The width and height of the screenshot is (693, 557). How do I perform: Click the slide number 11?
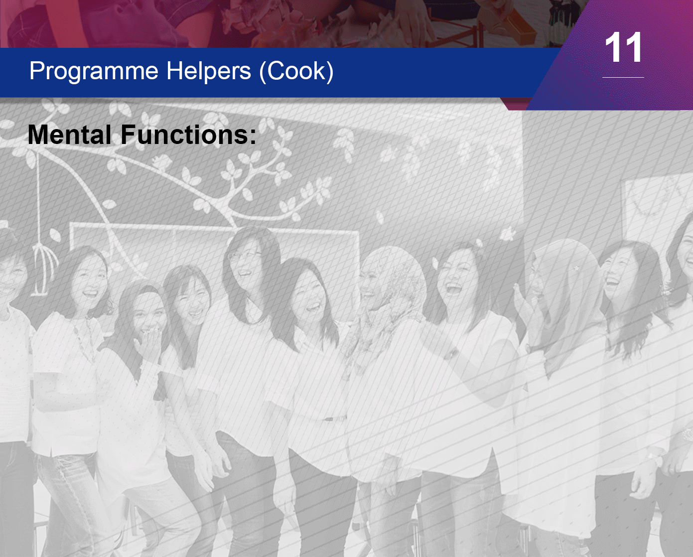click(x=623, y=47)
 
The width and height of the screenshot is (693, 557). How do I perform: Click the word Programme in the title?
click(x=94, y=72)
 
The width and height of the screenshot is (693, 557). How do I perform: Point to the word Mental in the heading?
click(x=70, y=135)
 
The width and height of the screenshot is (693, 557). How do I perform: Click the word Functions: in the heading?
click(x=189, y=135)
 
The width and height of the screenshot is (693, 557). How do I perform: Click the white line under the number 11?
click(x=623, y=77)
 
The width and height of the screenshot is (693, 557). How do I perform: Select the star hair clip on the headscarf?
click(x=576, y=268)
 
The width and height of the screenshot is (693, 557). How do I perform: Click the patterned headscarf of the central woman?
click(x=391, y=299)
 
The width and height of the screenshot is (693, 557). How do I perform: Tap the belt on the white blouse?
click(x=335, y=419)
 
